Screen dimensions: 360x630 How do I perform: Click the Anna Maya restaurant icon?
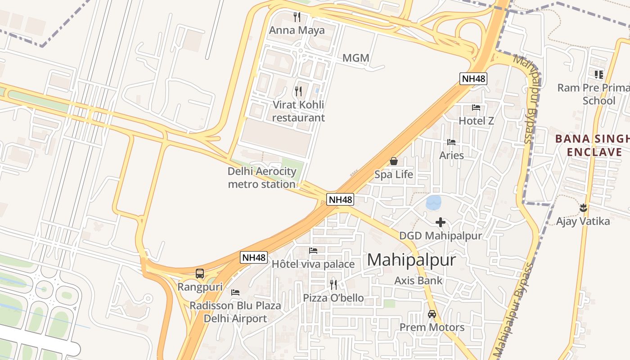tap(297, 17)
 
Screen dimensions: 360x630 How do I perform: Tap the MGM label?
tap(355, 58)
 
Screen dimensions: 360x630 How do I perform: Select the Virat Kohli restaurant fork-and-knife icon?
tap(298, 91)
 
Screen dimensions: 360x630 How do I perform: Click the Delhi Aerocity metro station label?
tap(262, 178)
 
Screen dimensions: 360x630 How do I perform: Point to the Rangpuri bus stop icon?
tap(200, 273)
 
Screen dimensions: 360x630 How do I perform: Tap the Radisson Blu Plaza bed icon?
tap(235, 292)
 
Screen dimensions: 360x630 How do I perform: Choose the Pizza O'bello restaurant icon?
tap(333, 284)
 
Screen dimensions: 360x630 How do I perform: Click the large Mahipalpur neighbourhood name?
tap(411, 260)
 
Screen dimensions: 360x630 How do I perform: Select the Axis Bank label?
tap(418, 280)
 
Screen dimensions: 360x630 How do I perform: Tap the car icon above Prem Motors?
tap(432, 314)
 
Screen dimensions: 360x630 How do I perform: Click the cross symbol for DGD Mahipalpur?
tap(441, 222)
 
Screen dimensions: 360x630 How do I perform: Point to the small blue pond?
tap(434, 202)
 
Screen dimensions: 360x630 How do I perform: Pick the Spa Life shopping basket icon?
tap(394, 161)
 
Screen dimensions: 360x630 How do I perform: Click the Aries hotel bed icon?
tap(451, 142)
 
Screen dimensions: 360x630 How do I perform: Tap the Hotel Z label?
tap(476, 121)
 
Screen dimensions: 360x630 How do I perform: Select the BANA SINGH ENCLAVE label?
tap(592, 145)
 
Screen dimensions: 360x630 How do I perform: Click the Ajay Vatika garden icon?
tap(583, 207)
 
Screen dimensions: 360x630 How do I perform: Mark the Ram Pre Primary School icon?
tap(598, 74)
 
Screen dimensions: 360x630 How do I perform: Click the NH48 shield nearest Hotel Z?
tap(473, 79)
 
